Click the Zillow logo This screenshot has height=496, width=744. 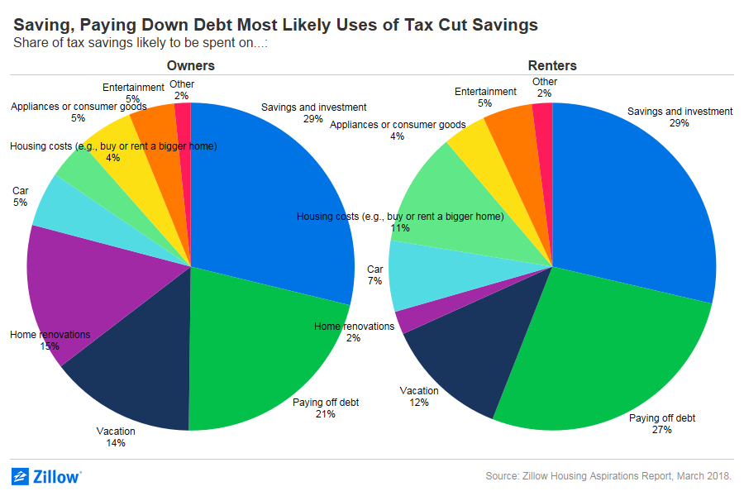[46, 476]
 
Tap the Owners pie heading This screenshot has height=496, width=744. [190, 65]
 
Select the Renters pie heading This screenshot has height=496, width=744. [552, 65]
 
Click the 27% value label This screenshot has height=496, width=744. [662, 431]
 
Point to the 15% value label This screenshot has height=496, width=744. [50, 346]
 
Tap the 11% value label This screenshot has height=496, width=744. [400, 229]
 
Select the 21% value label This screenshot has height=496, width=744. [326, 414]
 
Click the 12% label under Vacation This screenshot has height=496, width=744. [419, 403]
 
